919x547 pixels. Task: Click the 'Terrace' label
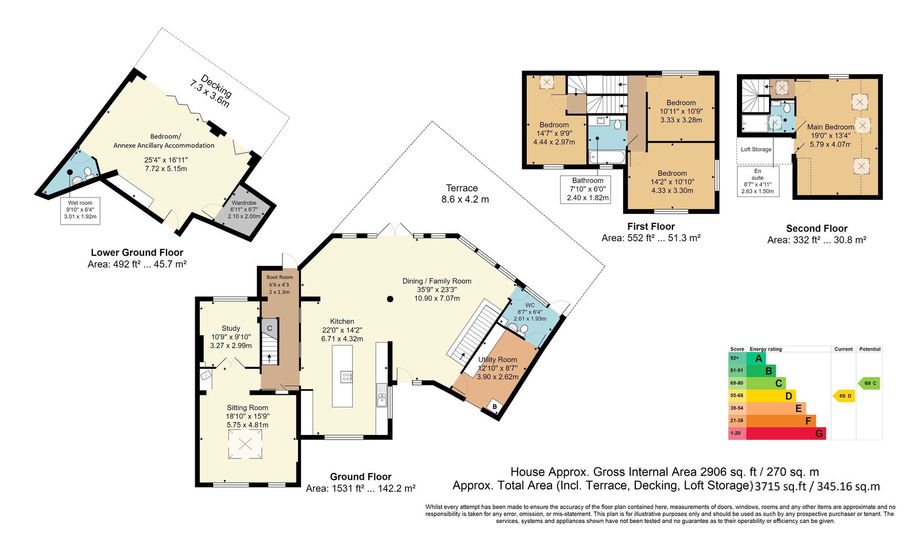point(462,188)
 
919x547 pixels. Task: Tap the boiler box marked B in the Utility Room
point(495,407)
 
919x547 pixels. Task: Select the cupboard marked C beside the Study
point(269,328)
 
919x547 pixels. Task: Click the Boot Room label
point(280,278)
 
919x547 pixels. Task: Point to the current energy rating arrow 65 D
point(844,396)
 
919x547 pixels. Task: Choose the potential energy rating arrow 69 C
point(869,383)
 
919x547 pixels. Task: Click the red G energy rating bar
point(786,433)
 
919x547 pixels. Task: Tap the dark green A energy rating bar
point(756,358)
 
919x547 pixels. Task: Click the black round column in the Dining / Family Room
point(390,299)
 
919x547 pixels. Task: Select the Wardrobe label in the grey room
point(244,203)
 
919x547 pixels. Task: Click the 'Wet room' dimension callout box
point(80,211)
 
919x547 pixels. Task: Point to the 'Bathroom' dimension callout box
point(585,189)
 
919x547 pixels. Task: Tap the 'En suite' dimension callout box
point(758,181)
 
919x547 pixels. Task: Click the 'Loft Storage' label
point(756,149)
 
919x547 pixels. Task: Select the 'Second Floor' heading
point(816,229)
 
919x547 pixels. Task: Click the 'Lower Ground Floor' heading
point(137,252)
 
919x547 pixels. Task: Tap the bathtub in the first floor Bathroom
point(607,157)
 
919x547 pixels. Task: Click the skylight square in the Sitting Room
point(245,444)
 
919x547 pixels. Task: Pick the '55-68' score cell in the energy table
point(737,395)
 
